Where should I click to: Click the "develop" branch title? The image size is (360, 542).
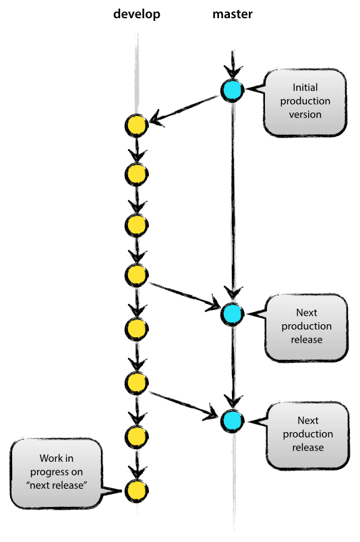tap(136, 14)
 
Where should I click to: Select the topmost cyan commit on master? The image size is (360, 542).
tap(233, 89)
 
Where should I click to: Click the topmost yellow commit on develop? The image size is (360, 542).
tap(136, 125)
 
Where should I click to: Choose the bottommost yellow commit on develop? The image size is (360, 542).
tap(136, 489)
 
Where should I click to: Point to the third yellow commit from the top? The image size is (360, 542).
tap(136, 224)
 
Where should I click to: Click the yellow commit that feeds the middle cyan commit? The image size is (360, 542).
tap(136, 274)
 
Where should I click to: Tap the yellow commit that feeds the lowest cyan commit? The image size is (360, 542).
tap(136, 382)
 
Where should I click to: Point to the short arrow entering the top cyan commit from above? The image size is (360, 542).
tap(233, 64)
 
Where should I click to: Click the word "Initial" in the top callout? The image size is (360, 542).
tap(305, 88)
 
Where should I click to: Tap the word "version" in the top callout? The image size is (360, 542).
tap(306, 114)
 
